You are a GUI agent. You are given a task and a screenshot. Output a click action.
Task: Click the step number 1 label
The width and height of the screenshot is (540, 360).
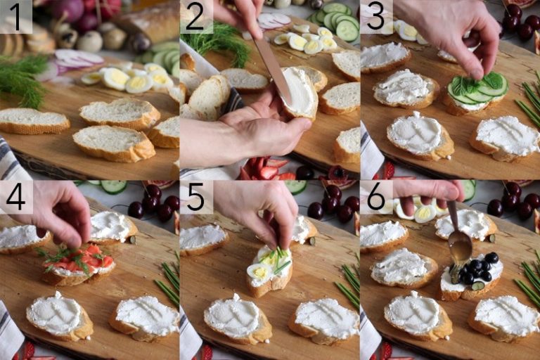15,18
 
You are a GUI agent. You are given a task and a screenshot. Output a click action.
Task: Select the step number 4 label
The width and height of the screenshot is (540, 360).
15,197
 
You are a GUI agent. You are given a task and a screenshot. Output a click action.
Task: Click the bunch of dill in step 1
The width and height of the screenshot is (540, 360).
21,77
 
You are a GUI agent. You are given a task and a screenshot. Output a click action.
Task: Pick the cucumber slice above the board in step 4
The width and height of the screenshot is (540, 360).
112,186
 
